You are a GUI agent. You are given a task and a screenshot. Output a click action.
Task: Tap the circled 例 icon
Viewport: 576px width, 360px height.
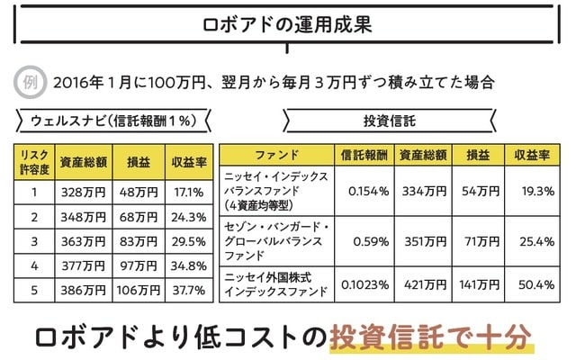(29, 82)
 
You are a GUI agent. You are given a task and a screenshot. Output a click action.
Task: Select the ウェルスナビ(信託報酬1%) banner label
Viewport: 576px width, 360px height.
(114, 120)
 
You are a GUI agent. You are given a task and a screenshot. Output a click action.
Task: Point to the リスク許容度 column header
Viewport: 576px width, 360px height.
(33, 162)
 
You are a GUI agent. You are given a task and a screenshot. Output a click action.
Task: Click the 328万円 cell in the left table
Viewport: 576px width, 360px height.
(83, 192)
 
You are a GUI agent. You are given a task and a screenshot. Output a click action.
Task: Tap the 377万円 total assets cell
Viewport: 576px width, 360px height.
(83, 265)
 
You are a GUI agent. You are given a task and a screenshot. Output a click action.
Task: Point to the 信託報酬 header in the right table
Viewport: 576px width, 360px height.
(364, 155)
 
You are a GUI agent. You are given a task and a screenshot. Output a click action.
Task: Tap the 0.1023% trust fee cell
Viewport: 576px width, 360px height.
(364, 283)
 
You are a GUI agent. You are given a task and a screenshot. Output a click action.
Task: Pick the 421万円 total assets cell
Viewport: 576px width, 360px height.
(423, 283)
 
